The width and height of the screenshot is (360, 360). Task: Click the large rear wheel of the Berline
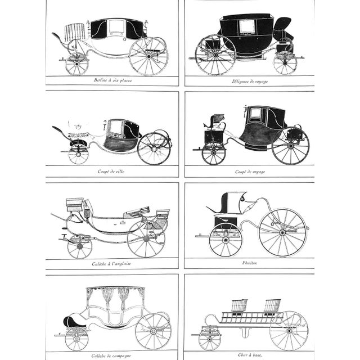[x=148, y=56]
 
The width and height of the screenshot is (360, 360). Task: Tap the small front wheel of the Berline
[x=76, y=64]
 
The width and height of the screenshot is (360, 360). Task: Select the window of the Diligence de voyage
[x=246, y=26]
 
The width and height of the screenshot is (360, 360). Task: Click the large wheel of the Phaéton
[x=283, y=232]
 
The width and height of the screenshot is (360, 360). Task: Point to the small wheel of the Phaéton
[x=225, y=240]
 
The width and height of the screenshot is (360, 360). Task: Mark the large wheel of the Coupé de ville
[x=154, y=148]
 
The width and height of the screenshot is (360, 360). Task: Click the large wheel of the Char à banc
[x=289, y=331]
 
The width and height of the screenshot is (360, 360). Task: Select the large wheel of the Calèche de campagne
[x=153, y=331]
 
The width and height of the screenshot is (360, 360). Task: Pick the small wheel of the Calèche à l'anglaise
[x=80, y=247]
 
